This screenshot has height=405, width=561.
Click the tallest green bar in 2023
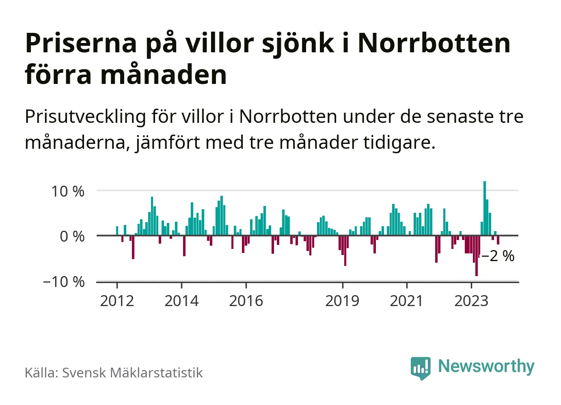(484, 208)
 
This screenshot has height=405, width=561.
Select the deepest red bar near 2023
(476, 255)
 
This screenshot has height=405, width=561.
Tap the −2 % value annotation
(498, 256)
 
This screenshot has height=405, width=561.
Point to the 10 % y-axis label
(68, 191)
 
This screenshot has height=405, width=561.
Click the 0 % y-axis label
(72, 236)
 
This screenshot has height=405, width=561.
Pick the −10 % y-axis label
(64, 282)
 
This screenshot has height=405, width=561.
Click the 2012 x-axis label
(117, 301)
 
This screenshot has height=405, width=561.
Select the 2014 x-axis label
(181, 301)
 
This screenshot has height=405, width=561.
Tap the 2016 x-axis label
(246, 301)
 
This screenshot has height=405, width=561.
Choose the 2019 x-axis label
(342, 301)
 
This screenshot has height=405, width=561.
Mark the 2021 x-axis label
(406, 301)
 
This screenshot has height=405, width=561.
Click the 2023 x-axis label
(471, 301)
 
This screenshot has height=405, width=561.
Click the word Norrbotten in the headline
(434, 43)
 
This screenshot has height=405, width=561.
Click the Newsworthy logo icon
(421, 368)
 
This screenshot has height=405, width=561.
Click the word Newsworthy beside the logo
(486, 366)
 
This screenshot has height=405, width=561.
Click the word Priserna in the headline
(81, 43)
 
